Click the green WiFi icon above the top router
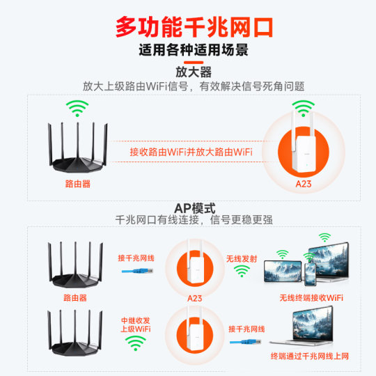point(77,109)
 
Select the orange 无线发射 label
point(241,258)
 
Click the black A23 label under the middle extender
point(194,297)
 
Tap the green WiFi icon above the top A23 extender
point(303,108)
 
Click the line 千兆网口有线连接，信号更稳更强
point(194,219)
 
